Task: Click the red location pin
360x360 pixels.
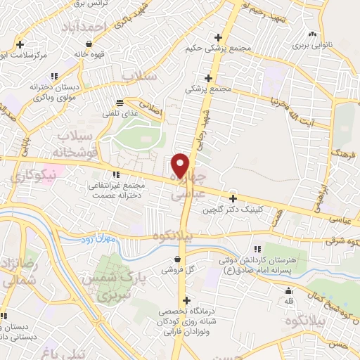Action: click(x=181, y=165)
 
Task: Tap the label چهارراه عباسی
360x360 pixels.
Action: click(x=192, y=181)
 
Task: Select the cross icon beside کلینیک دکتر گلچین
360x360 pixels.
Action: click(x=233, y=198)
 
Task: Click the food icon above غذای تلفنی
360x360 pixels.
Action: click(x=120, y=101)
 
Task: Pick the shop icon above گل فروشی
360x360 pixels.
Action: click(x=175, y=259)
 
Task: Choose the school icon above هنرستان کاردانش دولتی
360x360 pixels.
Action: click(x=257, y=249)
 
